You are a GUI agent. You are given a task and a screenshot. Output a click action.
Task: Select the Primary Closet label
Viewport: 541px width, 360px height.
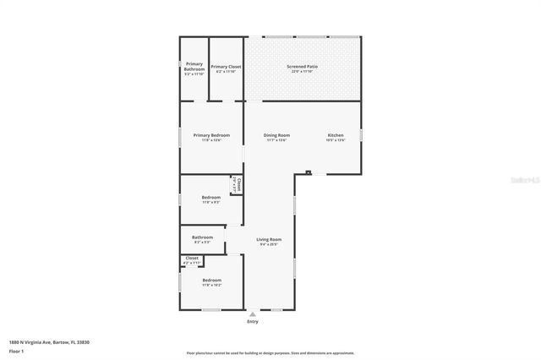pyautogui.click(x=226, y=67)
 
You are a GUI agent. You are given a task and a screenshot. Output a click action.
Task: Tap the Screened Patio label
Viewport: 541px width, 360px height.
pyautogui.click(x=301, y=67)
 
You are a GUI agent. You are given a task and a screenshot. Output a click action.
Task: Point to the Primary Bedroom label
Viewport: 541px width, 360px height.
pyautogui.click(x=211, y=135)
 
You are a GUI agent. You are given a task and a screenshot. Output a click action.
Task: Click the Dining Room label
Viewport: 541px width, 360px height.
pyautogui.click(x=276, y=135)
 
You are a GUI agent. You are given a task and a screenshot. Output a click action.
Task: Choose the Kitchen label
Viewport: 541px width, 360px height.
pyautogui.click(x=336, y=135)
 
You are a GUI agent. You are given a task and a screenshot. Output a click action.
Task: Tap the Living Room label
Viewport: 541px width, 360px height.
pyautogui.click(x=270, y=239)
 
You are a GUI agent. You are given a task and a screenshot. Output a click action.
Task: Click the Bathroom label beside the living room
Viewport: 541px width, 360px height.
pyautogui.click(x=202, y=237)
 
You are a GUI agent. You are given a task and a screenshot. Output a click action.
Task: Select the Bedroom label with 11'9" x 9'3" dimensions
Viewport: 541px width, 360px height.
pyautogui.click(x=211, y=197)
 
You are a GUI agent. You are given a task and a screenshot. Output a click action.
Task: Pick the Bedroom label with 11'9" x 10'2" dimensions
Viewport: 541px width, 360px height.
pyautogui.click(x=211, y=280)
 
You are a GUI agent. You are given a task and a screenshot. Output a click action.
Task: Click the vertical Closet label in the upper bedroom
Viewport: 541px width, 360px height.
pyautogui.click(x=238, y=184)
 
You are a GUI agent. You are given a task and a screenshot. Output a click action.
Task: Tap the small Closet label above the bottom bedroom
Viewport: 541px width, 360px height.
pyautogui.click(x=192, y=258)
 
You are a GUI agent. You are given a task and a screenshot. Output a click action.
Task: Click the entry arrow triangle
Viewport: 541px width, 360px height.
pyautogui.click(x=252, y=314)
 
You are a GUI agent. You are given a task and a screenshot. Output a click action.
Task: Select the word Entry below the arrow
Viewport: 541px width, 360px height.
pyautogui.click(x=253, y=322)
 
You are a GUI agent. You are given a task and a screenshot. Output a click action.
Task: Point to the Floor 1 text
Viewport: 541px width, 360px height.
pyautogui.click(x=17, y=350)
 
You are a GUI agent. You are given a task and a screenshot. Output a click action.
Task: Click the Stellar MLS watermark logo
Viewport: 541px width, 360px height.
pyautogui.click(x=521, y=180)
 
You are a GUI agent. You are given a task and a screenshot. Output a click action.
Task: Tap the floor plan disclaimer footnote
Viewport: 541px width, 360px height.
pyautogui.click(x=270, y=353)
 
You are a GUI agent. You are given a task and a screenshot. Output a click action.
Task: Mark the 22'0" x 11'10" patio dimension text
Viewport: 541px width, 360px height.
pyautogui.click(x=301, y=72)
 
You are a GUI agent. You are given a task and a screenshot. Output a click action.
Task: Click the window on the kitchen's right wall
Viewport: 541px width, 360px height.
pyautogui.click(x=361, y=134)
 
